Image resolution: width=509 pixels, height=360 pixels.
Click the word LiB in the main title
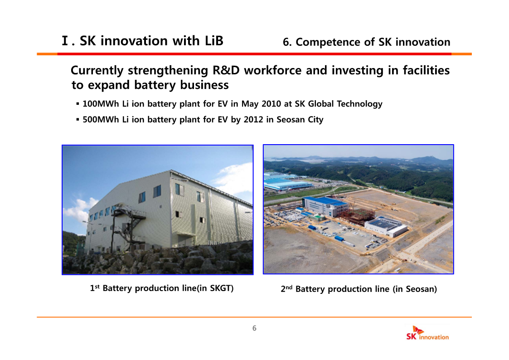214,41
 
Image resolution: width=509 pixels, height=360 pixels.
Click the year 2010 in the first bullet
271,104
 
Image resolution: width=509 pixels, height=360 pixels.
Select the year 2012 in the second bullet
253,120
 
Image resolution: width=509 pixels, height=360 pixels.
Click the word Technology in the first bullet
359,104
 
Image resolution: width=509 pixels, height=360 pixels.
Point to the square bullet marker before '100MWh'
78,104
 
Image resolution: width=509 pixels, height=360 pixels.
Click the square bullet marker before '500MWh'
78,120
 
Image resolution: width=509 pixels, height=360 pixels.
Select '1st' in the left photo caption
95,288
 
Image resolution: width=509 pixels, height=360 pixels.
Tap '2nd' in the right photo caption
286,288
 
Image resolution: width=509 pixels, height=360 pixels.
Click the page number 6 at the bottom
255,328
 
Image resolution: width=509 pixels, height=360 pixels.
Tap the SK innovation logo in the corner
427,333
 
